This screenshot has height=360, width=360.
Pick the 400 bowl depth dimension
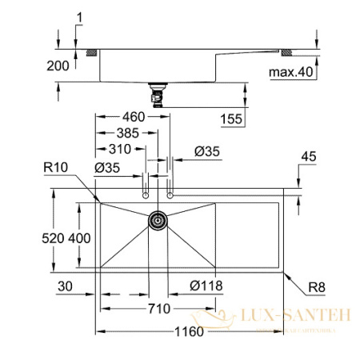[x=79, y=238]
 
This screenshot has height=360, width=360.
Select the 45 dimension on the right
[x=310, y=157]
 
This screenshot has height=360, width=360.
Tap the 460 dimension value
[x=130, y=117]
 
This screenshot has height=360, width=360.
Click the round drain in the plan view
[x=158, y=218]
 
